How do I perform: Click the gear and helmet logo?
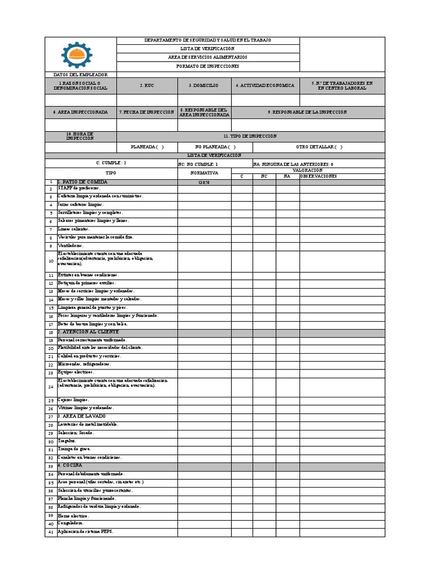(77, 55)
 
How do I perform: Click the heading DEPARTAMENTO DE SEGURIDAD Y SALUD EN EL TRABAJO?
(207, 40)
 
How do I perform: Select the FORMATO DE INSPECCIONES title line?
(207, 66)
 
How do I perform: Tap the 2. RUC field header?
(147, 86)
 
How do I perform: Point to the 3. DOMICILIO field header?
(204, 86)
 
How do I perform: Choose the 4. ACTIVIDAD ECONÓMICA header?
(265, 86)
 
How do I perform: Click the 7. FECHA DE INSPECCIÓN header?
(147, 112)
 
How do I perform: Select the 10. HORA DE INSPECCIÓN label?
(80, 136)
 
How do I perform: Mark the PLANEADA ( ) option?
(147, 147)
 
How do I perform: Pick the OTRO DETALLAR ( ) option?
(319, 147)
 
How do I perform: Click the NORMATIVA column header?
(204, 173)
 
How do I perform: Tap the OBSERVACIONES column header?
(319, 176)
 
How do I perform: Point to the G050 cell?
(204, 183)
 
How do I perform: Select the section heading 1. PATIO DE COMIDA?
(82, 182)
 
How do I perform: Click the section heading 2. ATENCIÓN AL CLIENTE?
(88, 332)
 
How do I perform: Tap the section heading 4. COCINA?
(69, 465)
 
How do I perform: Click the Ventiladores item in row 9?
(71, 246)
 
